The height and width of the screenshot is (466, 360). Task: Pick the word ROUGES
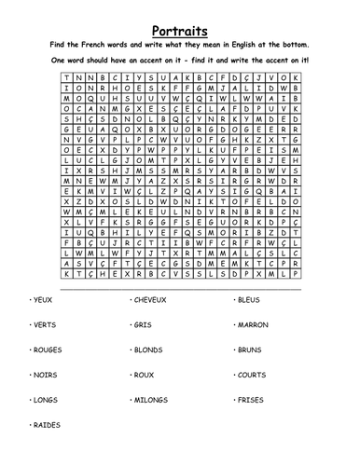click(x=46, y=350)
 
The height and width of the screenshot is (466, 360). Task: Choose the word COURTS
click(x=253, y=376)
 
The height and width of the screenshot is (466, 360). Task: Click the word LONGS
click(x=44, y=400)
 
